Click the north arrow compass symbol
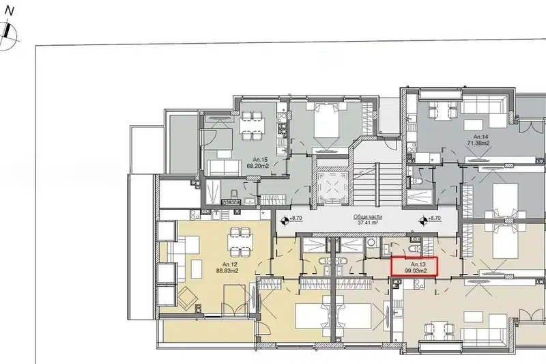(x=7, y=36)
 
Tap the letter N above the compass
(x=10, y=11)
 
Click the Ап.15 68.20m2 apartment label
(x=258, y=163)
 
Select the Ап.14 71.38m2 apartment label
(x=480, y=140)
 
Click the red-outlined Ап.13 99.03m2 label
(x=414, y=267)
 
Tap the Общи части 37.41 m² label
(x=368, y=219)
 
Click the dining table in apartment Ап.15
(x=252, y=126)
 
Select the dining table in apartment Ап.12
(x=241, y=242)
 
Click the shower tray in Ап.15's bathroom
(x=213, y=192)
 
